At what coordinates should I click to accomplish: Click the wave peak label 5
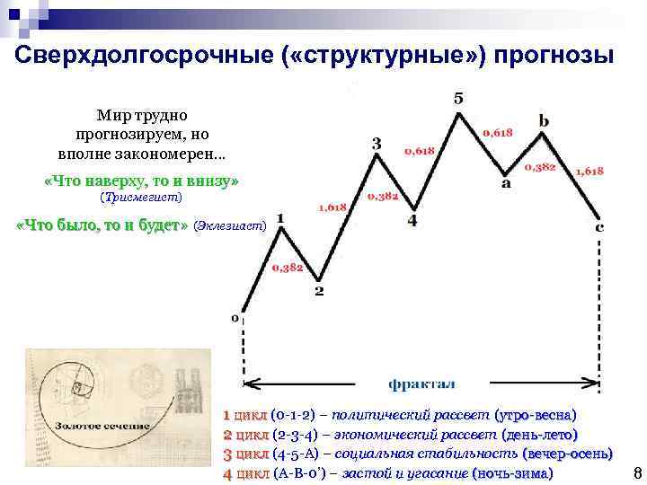458,98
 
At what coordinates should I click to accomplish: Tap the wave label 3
377,144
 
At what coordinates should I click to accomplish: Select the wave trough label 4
412,220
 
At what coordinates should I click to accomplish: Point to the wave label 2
319,292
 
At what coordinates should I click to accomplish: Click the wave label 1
281,217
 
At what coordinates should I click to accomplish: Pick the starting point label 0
235,317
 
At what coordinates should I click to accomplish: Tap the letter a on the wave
506,184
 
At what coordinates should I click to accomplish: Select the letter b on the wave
544,120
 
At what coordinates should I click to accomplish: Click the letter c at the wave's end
599,227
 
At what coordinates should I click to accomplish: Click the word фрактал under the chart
421,384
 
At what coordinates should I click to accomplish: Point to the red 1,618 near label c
589,171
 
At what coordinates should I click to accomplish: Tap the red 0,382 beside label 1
287,268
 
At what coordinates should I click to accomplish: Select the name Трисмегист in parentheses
141,197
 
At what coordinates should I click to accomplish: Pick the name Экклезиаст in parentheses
230,226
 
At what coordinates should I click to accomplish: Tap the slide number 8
636,473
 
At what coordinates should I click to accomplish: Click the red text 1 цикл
244,416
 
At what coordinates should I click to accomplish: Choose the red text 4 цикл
244,472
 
